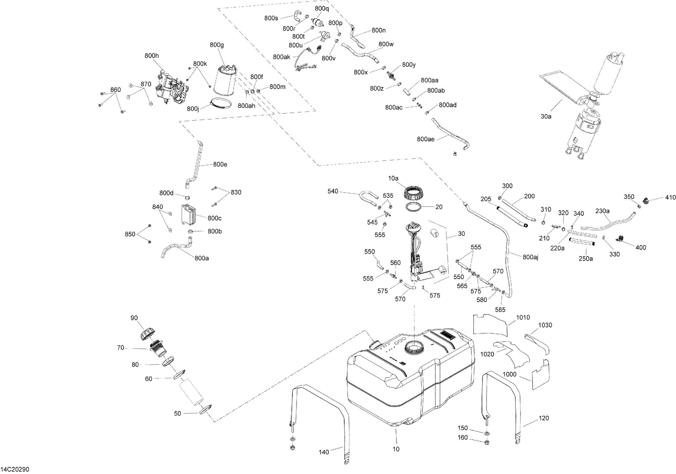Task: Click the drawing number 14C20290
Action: [15, 469]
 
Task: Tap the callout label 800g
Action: [217, 45]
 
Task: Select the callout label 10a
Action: [393, 178]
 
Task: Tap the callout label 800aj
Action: [531, 257]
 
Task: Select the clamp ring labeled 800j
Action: [221, 104]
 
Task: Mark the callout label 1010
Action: [523, 317]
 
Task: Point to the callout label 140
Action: [324, 452]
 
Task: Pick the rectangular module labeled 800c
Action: [189, 215]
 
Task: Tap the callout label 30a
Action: [546, 116]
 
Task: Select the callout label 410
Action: [670, 198]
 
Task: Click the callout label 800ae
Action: [426, 139]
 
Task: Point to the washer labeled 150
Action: [487, 433]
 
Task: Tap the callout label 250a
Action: [586, 258]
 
